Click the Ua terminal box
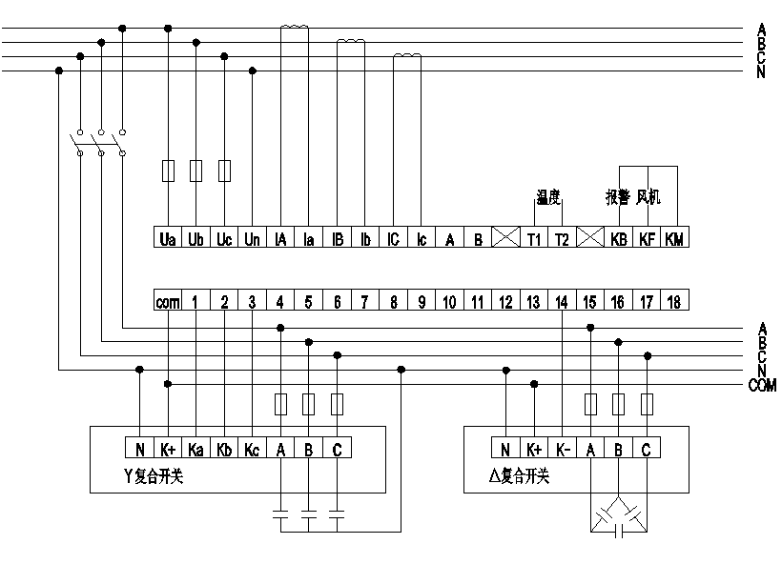tap(168, 239)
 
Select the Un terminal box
tap(252, 239)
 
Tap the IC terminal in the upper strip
tap(393, 239)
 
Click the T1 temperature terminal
tap(534, 239)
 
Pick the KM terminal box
tap(674, 239)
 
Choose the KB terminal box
tap(618, 239)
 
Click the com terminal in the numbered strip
tap(168, 302)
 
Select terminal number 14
tap(562, 302)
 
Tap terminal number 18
tap(674, 302)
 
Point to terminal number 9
tap(421, 302)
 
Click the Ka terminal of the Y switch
tap(195, 448)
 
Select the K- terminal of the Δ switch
tap(562, 448)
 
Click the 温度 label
tap(547, 197)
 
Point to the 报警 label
tap(617, 197)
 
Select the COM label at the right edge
tap(762, 386)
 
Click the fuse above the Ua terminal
tap(168, 171)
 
